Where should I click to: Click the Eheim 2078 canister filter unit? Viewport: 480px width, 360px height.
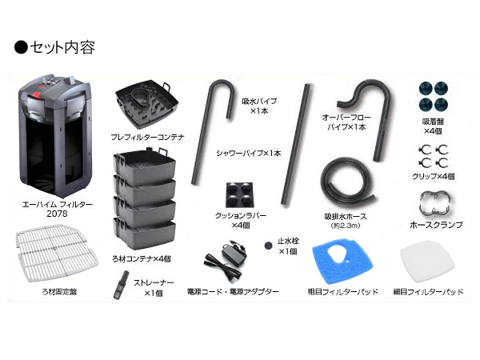coord(54,135)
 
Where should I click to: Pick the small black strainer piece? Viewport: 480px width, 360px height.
coord(121,284)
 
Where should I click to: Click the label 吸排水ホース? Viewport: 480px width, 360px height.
coord(346,217)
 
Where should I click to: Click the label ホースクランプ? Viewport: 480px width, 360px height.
coord(435,226)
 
